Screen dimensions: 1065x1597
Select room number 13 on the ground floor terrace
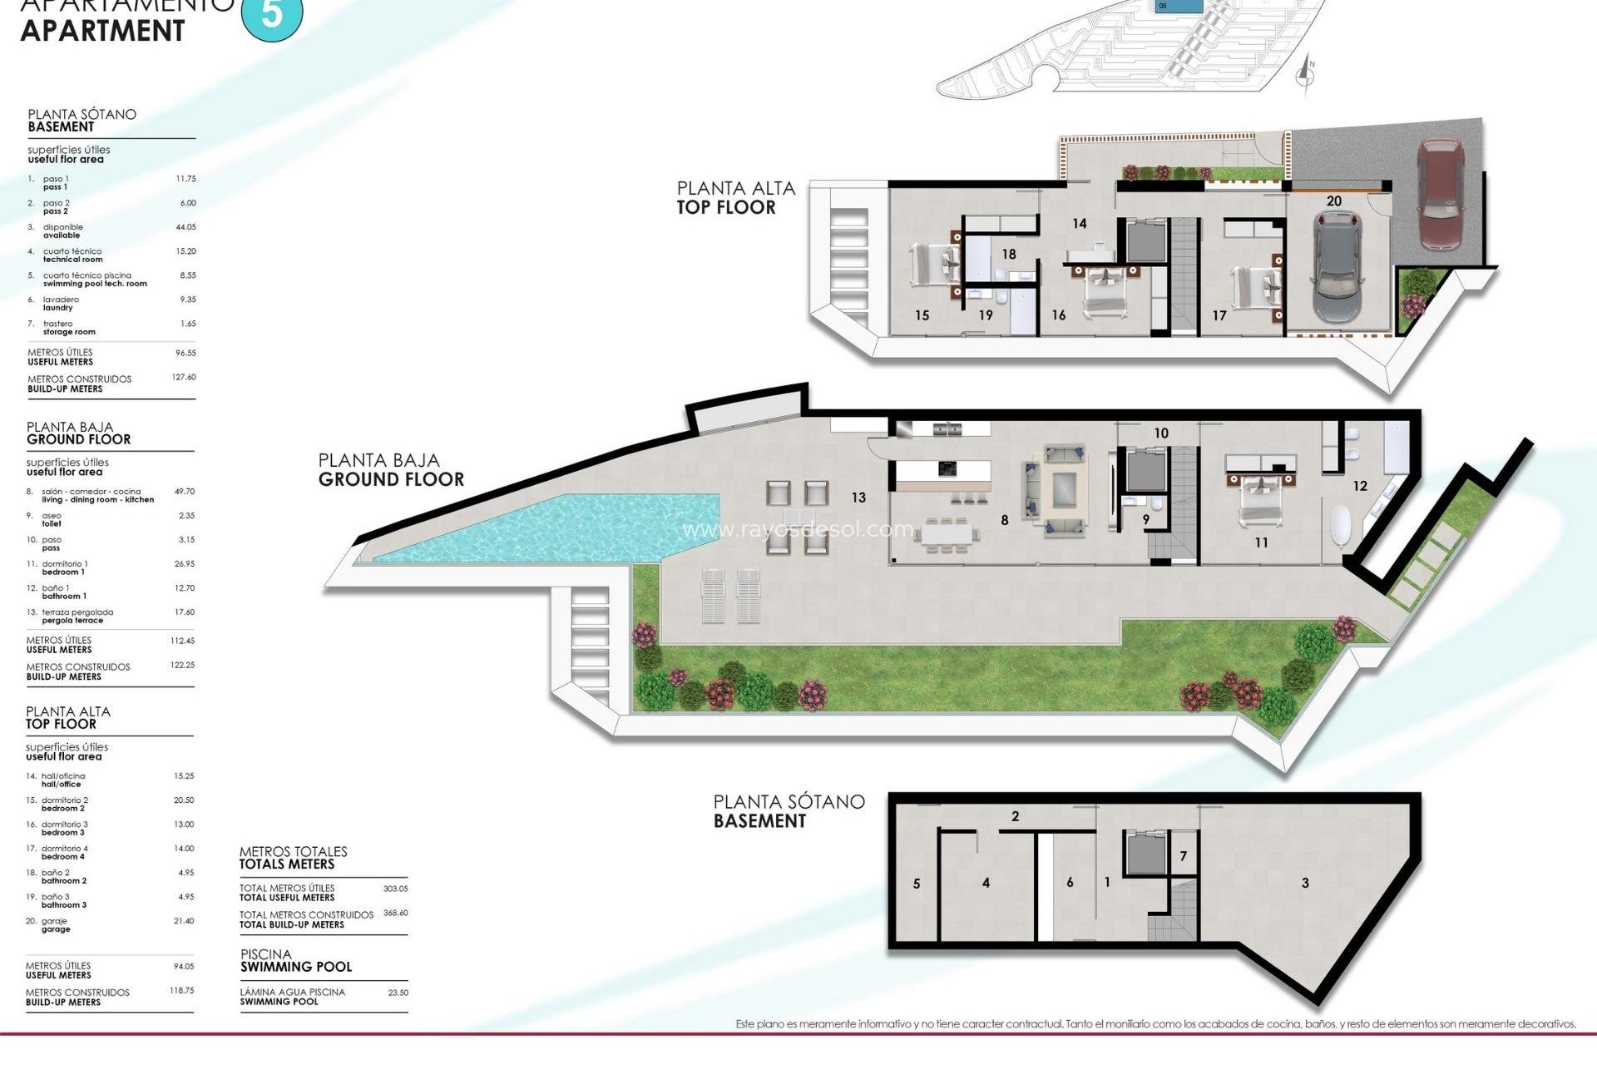coord(858,498)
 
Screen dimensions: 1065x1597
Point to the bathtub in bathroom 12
coord(1341,523)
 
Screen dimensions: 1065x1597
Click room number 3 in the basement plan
coord(1305,883)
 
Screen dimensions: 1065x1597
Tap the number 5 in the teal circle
coord(272,14)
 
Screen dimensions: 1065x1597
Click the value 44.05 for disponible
coord(185,227)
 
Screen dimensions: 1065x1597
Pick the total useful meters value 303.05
coord(395,889)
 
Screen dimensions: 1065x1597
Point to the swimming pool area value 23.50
coord(398,993)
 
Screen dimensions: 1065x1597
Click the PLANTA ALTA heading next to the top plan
coord(735,189)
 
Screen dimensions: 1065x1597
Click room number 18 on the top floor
coord(1009,255)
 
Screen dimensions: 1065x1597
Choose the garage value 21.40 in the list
coord(184,921)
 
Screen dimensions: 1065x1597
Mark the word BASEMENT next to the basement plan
coord(759,821)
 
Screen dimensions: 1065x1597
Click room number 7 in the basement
coord(1184,856)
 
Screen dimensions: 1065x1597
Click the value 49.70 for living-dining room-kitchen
coord(184,492)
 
